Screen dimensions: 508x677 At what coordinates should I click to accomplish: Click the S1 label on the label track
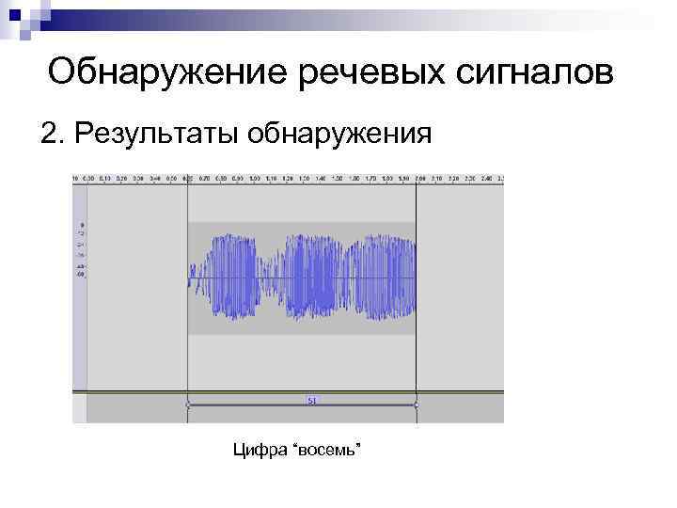click(311, 401)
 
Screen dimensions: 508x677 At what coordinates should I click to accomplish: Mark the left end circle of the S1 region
click(188, 405)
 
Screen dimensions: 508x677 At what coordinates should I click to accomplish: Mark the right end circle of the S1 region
click(417, 405)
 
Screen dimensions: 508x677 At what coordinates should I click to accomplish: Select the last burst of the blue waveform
click(381, 278)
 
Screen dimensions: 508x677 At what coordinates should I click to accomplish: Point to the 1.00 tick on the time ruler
click(256, 178)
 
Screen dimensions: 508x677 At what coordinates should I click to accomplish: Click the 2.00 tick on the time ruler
click(419, 178)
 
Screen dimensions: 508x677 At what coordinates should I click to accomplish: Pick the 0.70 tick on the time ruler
click(205, 178)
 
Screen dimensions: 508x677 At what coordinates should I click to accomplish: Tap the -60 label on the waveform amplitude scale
click(81, 275)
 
